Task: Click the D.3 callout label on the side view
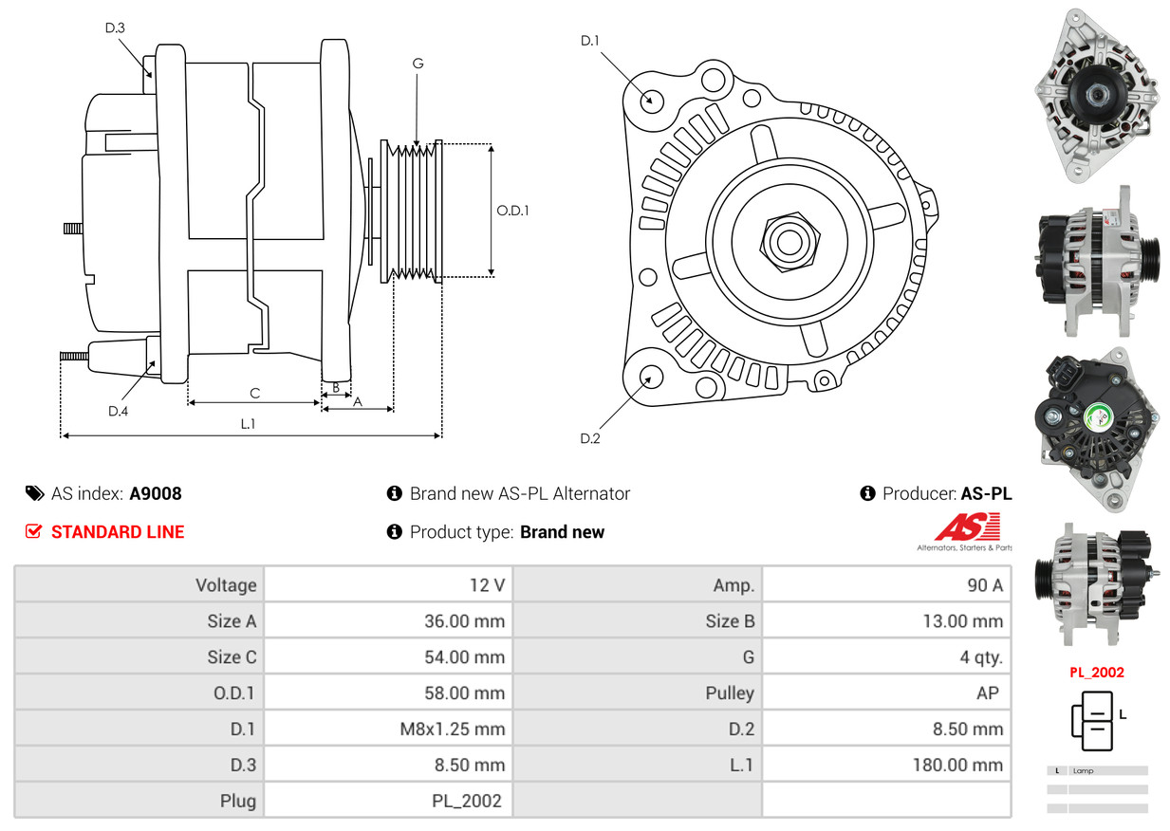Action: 115,28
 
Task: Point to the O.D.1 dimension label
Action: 512,210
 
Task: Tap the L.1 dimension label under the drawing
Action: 247,424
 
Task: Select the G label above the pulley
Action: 418,64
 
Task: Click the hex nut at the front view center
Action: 788,240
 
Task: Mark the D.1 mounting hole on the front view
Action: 651,99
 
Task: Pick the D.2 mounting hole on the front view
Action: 650,377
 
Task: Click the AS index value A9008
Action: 156,493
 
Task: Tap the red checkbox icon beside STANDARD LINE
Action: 33,532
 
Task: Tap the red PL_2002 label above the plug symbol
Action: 1096,673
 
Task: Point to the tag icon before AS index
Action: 35,493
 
